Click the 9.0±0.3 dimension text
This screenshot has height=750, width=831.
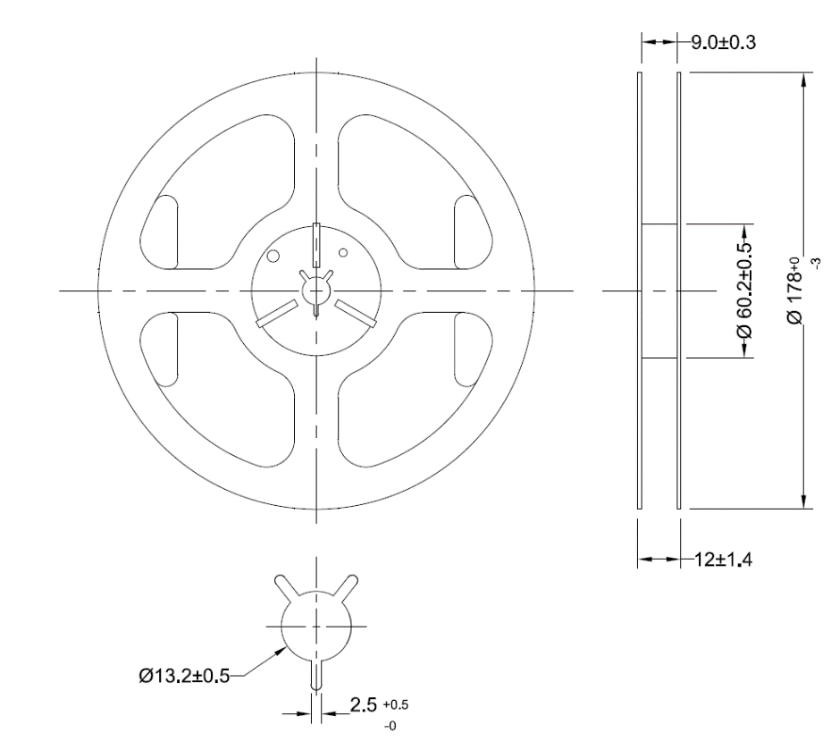pos(718,42)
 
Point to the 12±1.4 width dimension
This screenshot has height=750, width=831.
pos(725,560)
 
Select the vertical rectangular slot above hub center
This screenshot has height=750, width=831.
pos(316,240)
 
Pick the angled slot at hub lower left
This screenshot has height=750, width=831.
pos(276,313)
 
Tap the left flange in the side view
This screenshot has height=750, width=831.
pos(639,291)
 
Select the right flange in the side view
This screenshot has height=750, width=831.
pos(679,291)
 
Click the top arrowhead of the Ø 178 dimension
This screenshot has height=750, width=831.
pos(806,79)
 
